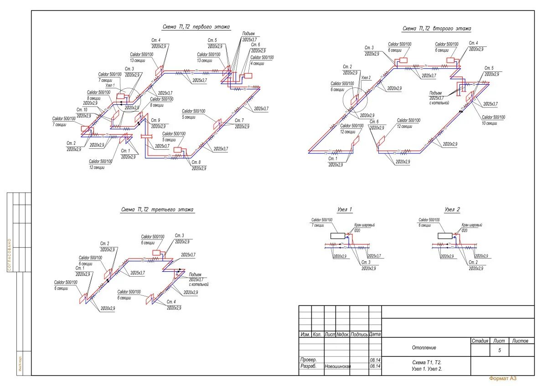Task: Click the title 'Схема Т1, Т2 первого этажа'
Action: coord(196,27)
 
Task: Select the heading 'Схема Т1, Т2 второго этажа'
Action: coord(436,29)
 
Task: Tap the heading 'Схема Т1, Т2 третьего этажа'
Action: coord(157,210)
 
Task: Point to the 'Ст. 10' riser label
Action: coord(82,110)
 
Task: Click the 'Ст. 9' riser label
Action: coord(155,120)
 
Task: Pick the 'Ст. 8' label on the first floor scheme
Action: coord(196,163)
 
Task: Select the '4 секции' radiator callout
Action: coord(258,63)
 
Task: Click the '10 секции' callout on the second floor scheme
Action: coord(490,123)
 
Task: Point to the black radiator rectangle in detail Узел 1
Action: coord(338,236)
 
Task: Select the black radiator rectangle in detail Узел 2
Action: coord(445,236)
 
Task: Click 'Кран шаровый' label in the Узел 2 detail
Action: coord(472,225)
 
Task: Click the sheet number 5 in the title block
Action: coord(500,350)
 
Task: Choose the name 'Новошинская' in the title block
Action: coord(337,366)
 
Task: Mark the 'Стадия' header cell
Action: coord(480,340)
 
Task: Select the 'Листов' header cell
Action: coord(521,340)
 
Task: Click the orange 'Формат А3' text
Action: coord(503,378)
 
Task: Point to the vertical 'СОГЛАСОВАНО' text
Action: coord(10,255)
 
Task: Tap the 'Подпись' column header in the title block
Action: coord(359,334)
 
